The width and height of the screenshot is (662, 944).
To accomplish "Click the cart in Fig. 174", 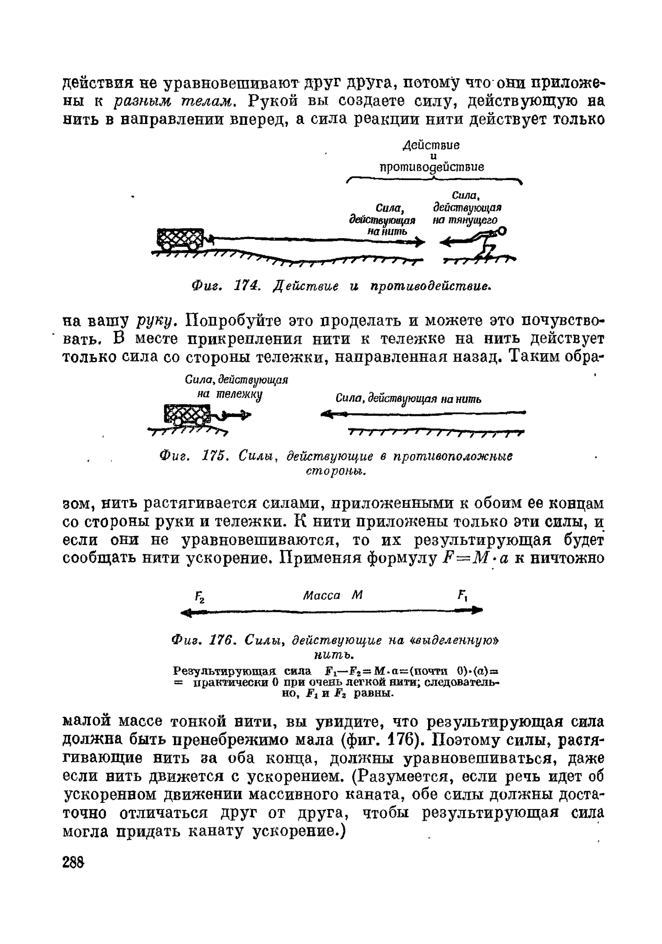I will pyautogui.click(x=179, y=239).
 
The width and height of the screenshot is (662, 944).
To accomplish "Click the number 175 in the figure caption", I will pyautogui.click(x=214, y=456).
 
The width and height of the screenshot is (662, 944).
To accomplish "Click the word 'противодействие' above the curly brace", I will pyautogui.click(x=431, y=167).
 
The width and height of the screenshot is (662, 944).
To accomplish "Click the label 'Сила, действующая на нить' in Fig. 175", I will pyautogui.click(x=408, y=398).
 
